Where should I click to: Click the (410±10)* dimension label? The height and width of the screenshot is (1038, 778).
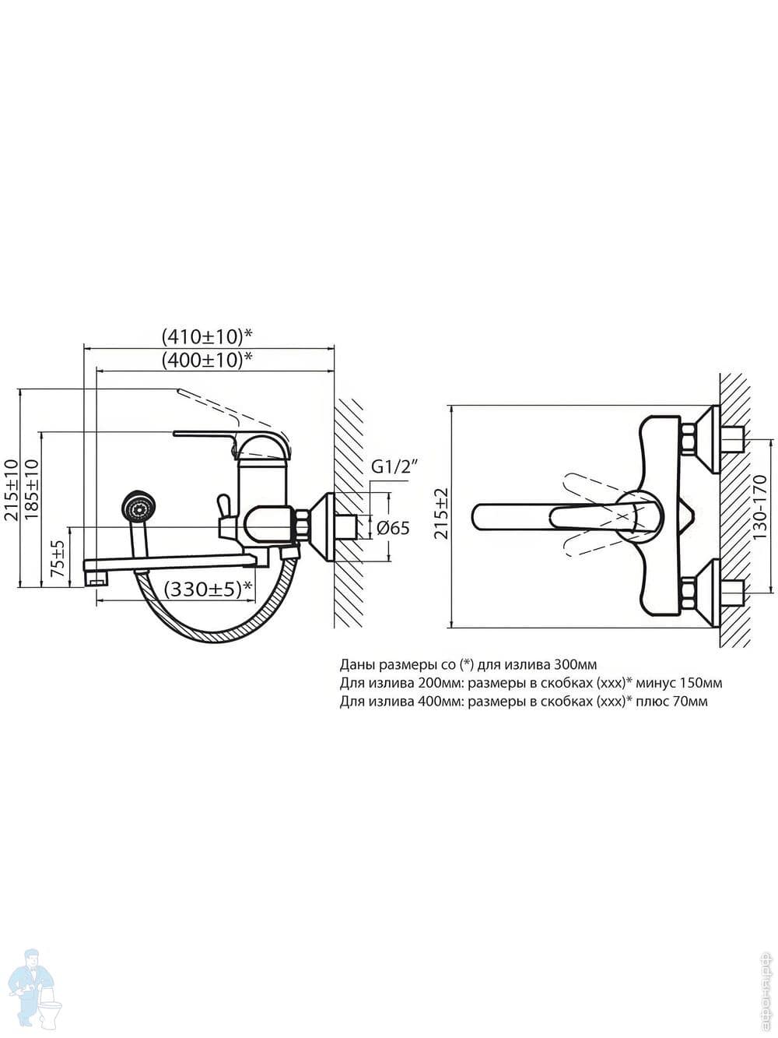(208, 336)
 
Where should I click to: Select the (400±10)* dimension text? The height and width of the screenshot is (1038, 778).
(208, 361)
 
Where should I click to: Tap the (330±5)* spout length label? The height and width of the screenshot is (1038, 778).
(209, 589)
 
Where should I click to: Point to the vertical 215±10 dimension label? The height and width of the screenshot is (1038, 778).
(11, 489)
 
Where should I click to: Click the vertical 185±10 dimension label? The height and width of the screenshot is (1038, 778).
(32, 489)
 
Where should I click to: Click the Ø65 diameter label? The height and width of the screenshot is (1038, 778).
(393, 528)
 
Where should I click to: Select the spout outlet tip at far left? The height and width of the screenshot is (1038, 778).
(96, 579)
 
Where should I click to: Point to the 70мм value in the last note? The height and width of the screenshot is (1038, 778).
(692, 702)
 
